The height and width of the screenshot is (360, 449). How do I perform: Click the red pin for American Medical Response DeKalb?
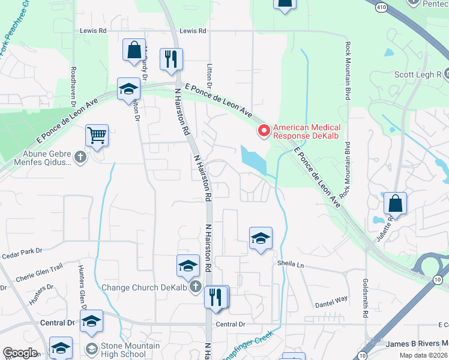click(x=263, y=130)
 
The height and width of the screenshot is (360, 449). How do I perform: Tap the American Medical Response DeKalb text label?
click(x=307, y=131)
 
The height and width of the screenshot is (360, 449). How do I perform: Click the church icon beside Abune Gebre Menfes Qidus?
click(x=81, y=158)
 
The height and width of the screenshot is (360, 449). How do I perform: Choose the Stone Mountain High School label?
click(x=130, y=350)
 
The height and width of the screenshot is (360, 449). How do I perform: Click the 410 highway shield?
click(x=382, y=7)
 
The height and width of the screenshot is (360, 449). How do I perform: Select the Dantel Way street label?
click(x=331, y=299)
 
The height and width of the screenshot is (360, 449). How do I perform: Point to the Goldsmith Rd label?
click(x=365, y=298)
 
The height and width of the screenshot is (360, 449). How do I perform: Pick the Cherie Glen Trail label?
click(x=39, y=271)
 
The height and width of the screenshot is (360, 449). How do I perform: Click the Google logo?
click(x=20, y=353)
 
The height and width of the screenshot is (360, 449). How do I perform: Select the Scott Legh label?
click(x=418, y=75)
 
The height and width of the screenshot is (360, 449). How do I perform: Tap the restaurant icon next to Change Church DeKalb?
click(x=216, y=296)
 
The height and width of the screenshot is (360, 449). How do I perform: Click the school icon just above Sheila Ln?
click(x=261, y=238)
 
